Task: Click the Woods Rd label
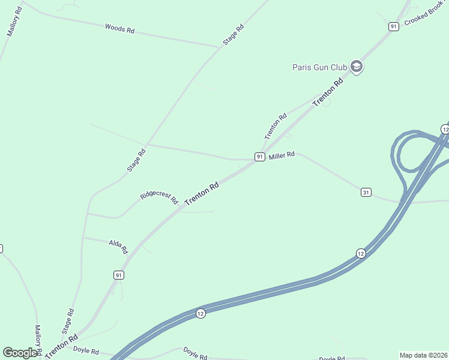click(119, 28)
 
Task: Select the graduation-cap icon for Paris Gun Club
click(357, 67)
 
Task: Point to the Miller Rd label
click(282, 155)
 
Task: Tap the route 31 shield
click(366, 192)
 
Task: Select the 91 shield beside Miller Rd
click(259, 157)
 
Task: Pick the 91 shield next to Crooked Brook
click(393, 26)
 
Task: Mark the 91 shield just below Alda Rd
click(119, 275)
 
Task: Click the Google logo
click(20, 353)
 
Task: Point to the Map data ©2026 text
click(424, 355)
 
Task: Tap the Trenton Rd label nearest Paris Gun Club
click(330, 92)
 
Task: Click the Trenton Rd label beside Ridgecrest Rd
click(201, 194)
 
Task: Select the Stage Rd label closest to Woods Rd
click(234, 35)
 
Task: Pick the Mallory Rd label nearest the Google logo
click(37, 340)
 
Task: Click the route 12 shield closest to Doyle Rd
click(200, 313)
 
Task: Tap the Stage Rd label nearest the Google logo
click(67, 322)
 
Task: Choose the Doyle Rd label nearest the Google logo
click(86, 350)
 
